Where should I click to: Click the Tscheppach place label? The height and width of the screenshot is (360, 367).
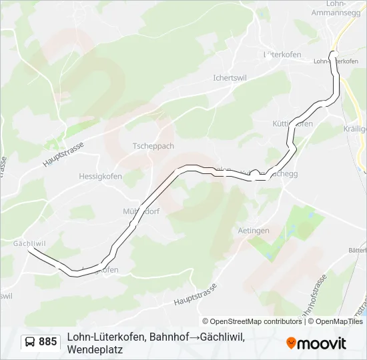coord(153,146)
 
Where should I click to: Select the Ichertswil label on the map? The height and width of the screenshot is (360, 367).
coord(230,77)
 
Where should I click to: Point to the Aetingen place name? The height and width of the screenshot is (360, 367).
coord(254,230)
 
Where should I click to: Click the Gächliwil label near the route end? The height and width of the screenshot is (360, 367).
coord(29,244)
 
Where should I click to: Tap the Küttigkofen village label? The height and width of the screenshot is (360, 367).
coord(293,124)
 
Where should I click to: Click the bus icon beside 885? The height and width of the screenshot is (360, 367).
coord(30,342)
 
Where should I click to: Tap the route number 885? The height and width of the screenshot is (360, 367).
coord(48,342)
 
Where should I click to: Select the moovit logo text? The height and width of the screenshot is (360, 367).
coord(322,343)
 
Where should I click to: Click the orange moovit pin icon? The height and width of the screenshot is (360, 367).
coord(291,343)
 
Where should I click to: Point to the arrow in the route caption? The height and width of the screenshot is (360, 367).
coord(195,337)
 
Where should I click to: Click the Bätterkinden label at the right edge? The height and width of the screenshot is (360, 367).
coord(358,249)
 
